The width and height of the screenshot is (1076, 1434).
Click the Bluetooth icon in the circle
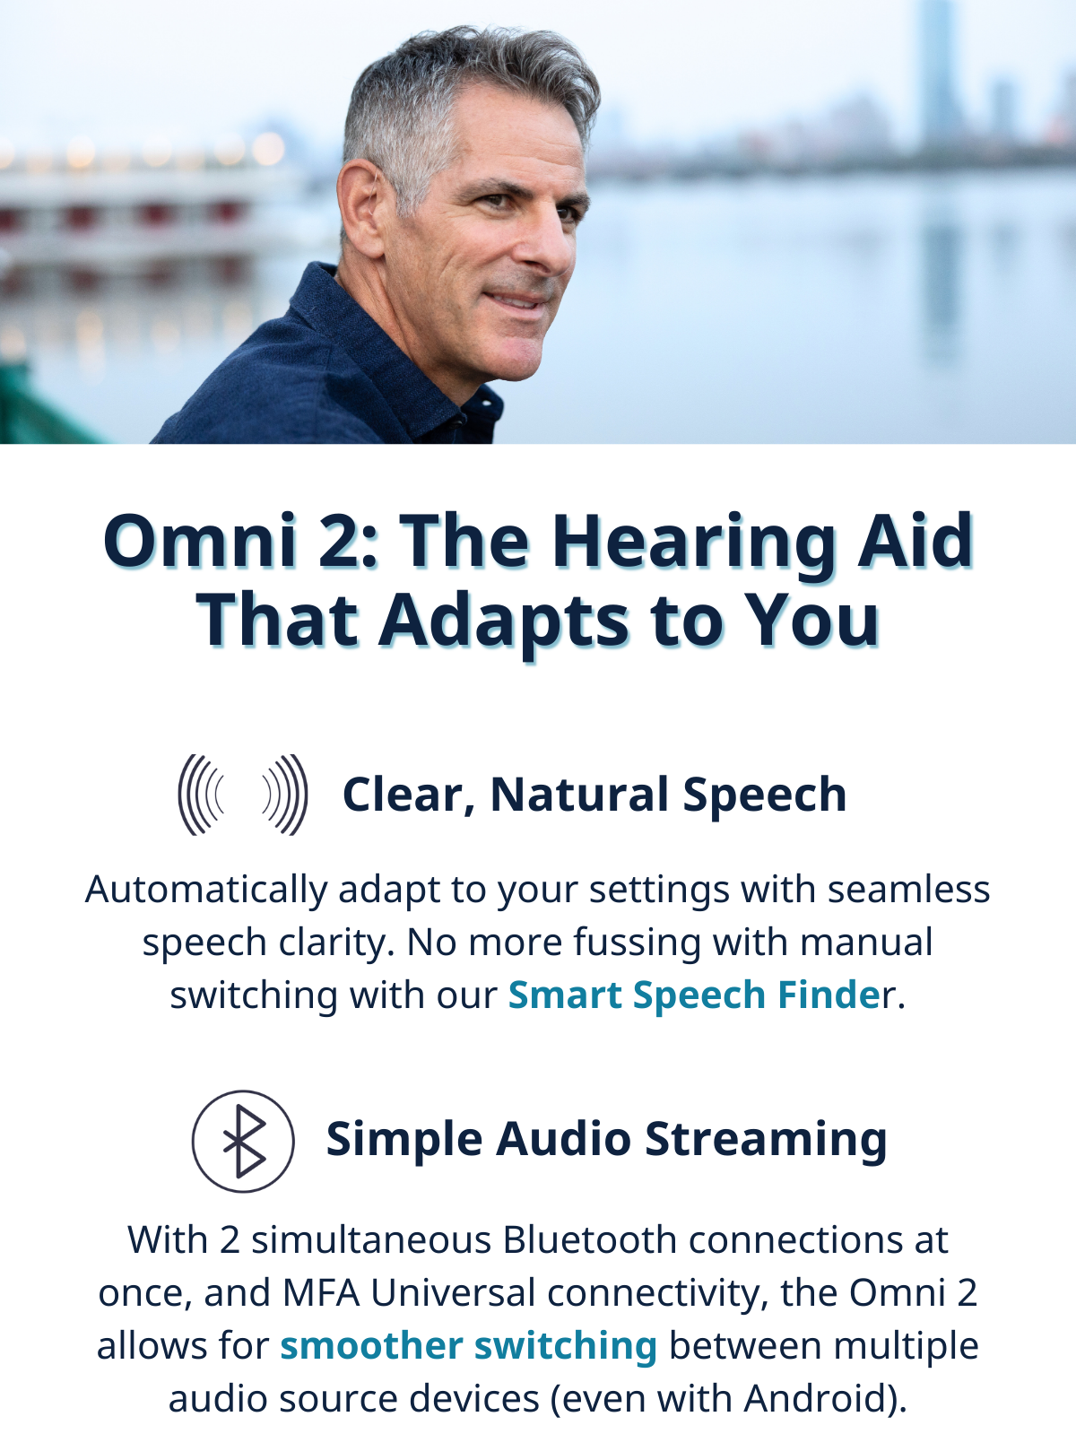point(243,1141)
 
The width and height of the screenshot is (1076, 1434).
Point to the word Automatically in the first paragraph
point(206,890)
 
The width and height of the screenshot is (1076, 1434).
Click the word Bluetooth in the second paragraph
point(590,1240)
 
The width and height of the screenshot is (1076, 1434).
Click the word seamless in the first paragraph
point(909,890)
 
